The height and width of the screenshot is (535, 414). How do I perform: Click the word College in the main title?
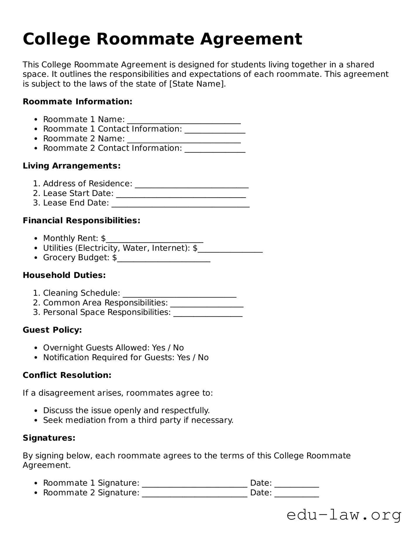click(x=56, y=39)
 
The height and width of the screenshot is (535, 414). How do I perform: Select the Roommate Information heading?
click(x=77, y=102)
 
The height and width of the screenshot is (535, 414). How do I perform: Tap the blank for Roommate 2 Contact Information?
click(x=215, y=149)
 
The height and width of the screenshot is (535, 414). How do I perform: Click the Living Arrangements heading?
click(x=72, y=166)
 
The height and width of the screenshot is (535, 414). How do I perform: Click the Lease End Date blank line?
click(x=180, y=204)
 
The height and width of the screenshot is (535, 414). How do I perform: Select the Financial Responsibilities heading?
click(x=82, y=220)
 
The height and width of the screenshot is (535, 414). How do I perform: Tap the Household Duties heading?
click(x=64, y=275)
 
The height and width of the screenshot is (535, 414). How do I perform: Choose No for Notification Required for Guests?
click(x=203, y=357)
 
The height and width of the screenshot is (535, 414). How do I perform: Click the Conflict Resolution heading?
click(x=67, y=375)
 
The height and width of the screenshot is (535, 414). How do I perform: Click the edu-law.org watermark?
click(x=344, y=515)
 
